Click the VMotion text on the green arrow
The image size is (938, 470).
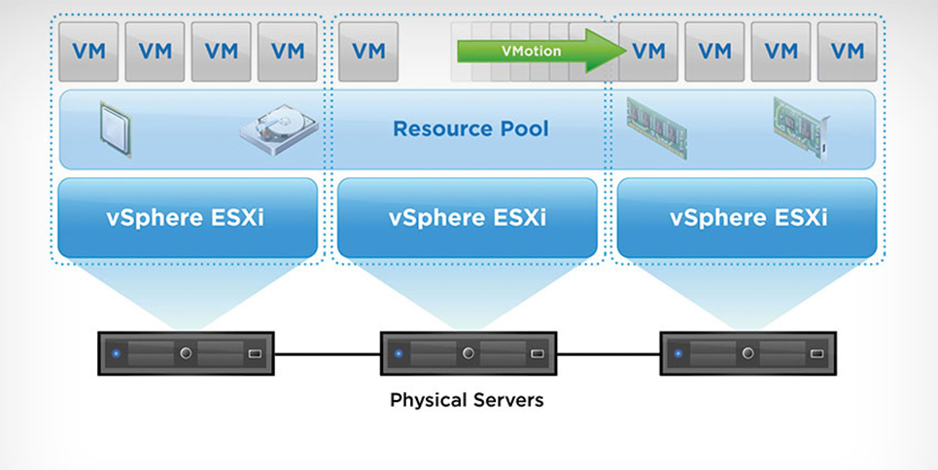click(x=531, y=51)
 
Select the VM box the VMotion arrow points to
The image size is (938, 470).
click(x=648, y=52)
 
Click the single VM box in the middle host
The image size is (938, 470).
click(x=368, y=52)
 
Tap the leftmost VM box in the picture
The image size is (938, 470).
click(x=88, y=52)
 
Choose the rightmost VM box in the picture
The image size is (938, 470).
click(x=847, y=52)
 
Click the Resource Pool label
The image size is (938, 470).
click(x=470, y=128)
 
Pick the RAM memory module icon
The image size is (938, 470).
click(x=656, y=127)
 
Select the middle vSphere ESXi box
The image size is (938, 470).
click(x=468, y=217)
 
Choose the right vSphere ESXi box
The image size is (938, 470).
click(x=748, y=217)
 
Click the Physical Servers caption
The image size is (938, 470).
click(x=468, y=399)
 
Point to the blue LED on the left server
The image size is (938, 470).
click(x=116, y=353)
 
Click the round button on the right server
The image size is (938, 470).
click(x=747, y=353)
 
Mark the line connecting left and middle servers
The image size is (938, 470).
click(x=327, y=353)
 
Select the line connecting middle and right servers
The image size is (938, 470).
click(x=608, y=353)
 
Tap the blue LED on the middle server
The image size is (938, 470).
click(x=397, y=353)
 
